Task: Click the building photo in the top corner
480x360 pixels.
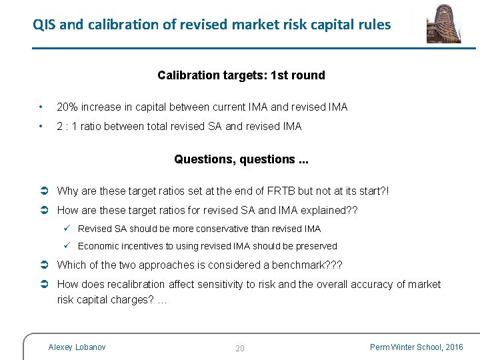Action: click(x=444, y=23)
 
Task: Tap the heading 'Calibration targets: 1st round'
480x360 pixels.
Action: click(x=241, y=75)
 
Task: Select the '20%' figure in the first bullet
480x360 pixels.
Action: click(x=67, y=107)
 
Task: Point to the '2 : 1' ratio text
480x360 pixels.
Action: click(x=69, y=126)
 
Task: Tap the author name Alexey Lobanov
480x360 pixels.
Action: click(x=77, y=347)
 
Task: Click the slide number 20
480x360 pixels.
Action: click(x=240, y=348)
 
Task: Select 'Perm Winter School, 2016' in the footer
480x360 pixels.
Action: click(x=417, y=347)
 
